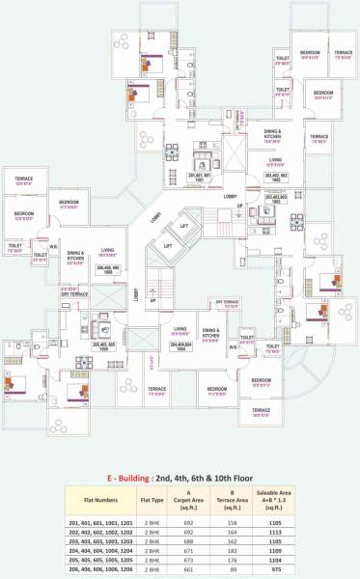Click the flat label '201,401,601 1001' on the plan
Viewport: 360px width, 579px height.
click(x=198, y=177)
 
